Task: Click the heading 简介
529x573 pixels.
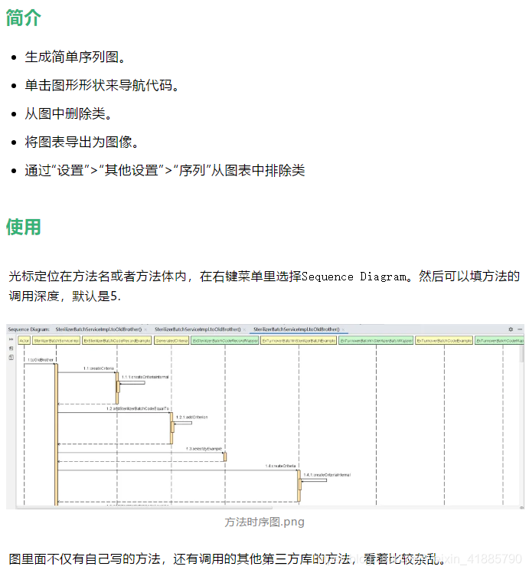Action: (x=23, y=18)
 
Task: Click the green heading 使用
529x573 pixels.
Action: (x=23, y=227)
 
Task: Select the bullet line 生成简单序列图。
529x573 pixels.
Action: (x=75, y=57)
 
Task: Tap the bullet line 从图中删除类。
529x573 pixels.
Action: (x=68, y=113)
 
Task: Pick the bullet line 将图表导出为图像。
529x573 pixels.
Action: (x=81, y=142)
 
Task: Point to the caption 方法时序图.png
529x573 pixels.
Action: (x=264, y=522)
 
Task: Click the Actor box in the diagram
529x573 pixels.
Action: (x=24, y=340)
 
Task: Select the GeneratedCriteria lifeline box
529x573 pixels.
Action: (x=171, y=340)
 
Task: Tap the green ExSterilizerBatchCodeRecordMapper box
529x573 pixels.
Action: (x=224, y=340)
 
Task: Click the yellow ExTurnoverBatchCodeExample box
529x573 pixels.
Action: (x=444, y=340)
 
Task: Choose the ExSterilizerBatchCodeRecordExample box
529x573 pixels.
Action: (x=116, y=340)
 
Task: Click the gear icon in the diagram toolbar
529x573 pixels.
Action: (x=511, y=329)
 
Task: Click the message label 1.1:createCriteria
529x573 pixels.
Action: (x=99, y=368)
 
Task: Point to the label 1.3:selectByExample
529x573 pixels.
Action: (x=204, y=448)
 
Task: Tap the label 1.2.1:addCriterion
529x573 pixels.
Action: (x=191, y=417)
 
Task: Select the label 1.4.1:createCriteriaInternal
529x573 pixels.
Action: (x=327, y=476)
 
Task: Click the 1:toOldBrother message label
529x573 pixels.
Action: (x=41, y=359)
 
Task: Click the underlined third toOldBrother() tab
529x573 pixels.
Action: (x=296, y=329)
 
